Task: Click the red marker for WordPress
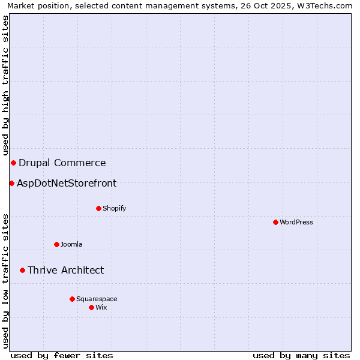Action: pos(275,222)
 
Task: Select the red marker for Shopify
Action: pos(99,208)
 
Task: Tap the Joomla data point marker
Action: pos(57,244)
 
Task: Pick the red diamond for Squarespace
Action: pos(72,299)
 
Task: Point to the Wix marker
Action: pos(91,307)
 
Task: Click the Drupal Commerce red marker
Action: pos(13,163)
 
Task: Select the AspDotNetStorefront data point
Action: pos(11,183)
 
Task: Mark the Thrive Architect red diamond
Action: pos(22,270)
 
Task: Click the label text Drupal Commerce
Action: pos(62,163)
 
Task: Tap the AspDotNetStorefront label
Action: pos(67,183)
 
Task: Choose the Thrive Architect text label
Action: pos(65,270)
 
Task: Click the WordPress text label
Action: pos(296,222)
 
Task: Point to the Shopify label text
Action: pos(115,208)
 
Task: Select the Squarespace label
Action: pos(97,299)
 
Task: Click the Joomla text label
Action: pos(71,244)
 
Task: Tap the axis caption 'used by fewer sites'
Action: pos(62,355)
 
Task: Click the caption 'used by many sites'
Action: pos(301,355)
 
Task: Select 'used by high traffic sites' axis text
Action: pos(5,85)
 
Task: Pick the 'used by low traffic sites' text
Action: pos(5,281)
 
